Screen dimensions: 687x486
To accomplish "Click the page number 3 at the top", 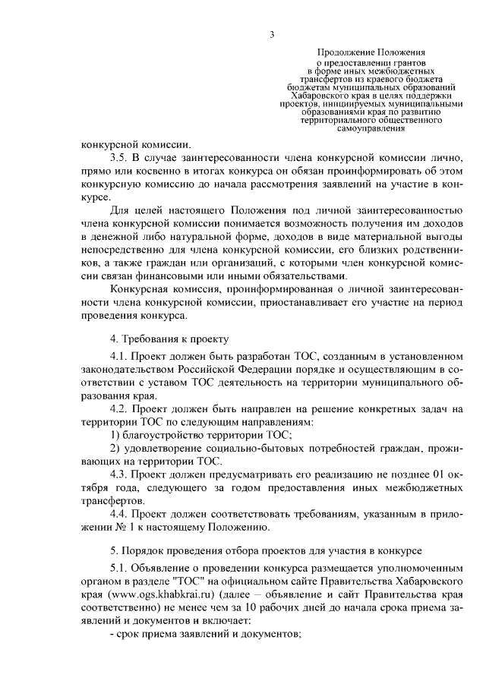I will click(271, 33).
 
